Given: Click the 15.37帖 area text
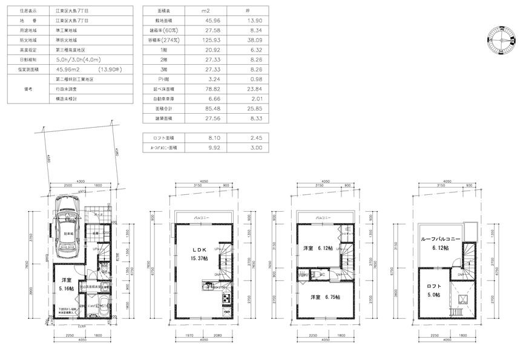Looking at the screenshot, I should pyautogui.click(x=200, y=258).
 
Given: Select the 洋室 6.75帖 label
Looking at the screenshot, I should pyautogui.click(x=325, y=297).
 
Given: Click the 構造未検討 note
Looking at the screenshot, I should pyautogui.click(x=66, y=98).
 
